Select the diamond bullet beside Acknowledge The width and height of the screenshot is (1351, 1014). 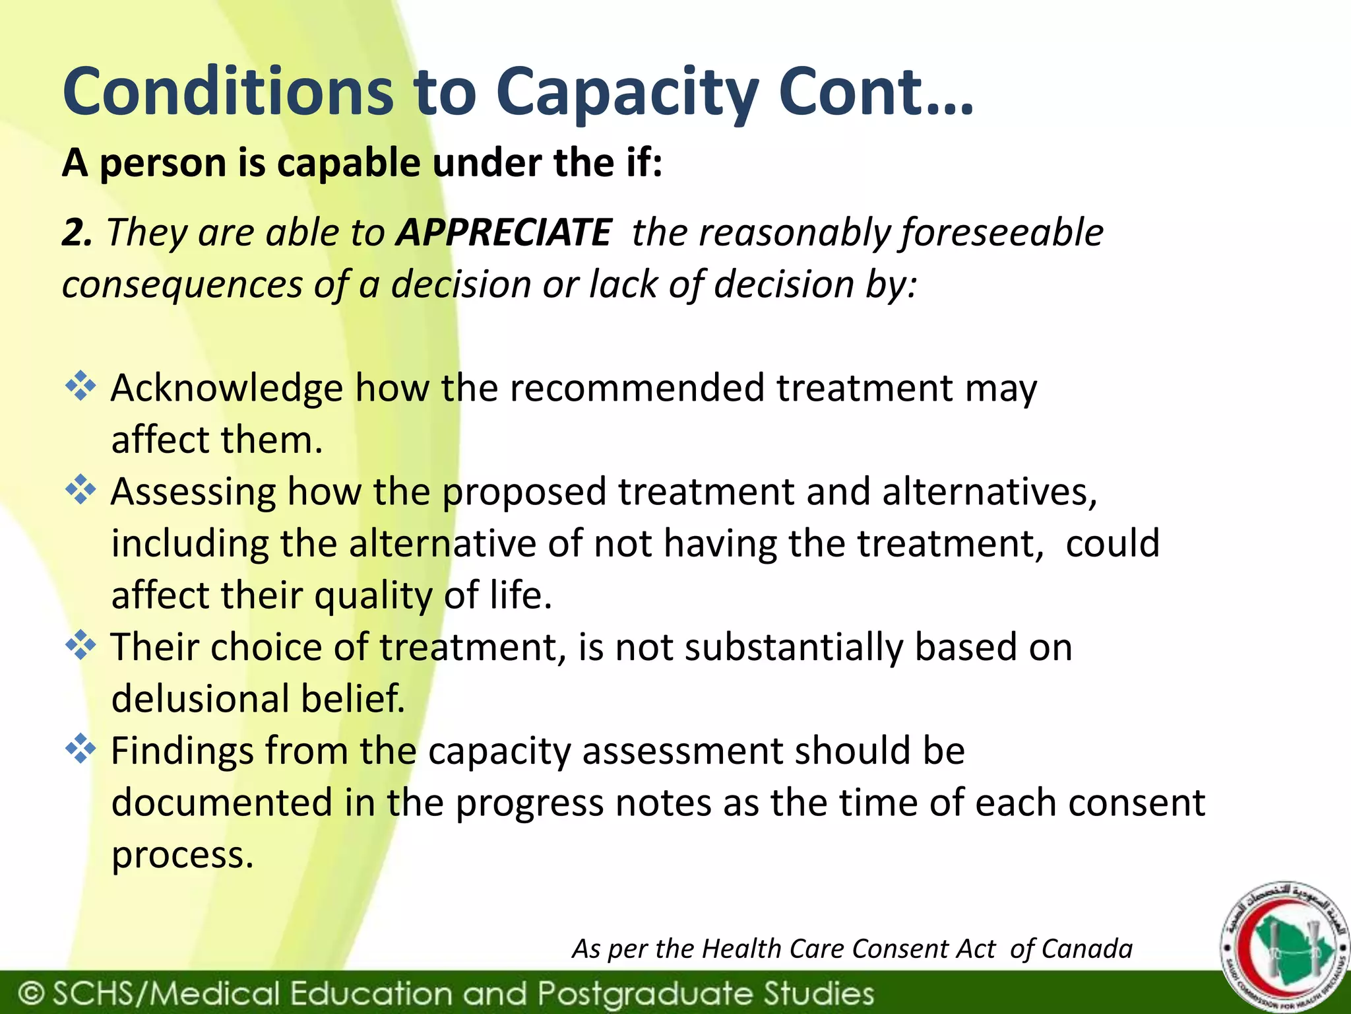(x=80, y=386)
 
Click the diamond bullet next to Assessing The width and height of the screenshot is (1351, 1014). (x=80, y=490)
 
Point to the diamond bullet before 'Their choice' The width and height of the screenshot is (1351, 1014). (x=80, y=646)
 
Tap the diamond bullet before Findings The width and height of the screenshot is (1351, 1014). (x=80, y=749)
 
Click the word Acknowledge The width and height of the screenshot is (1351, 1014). (x=226, y=388)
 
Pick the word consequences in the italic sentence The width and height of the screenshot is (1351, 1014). (x=182, y=285)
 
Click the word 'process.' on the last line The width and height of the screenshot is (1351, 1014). (x=182, y=856)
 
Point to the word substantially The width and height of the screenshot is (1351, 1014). (x=794, y=647)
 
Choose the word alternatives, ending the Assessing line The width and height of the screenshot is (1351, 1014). (x=990, y=492)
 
